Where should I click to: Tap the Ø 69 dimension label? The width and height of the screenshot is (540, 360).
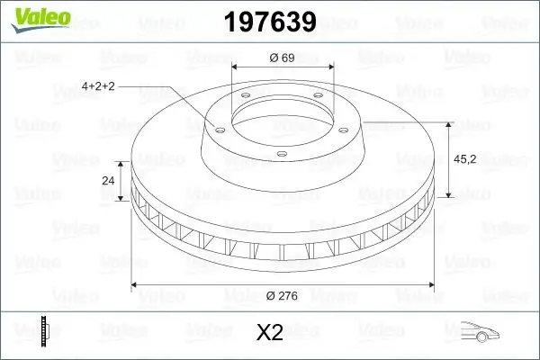(283, 58)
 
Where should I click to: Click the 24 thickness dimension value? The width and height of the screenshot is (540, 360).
(109, 180)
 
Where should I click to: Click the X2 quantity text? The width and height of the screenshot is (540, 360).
(269, 333)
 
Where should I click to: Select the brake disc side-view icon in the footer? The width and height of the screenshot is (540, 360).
(44, 332)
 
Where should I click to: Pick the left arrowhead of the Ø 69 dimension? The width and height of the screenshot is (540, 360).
(237, 68)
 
